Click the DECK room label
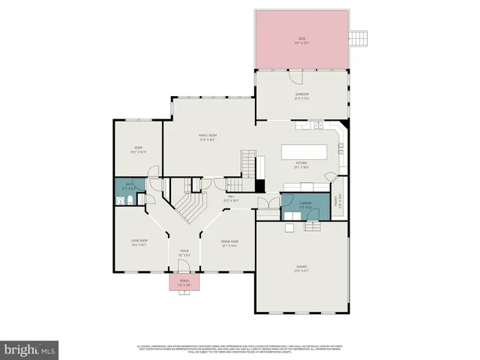[x=301, y=40]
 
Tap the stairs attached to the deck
[x=362, y=37]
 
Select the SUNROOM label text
[x=301, y=94]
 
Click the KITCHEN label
[x=301, y=164]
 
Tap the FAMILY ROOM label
[x=208, y=136]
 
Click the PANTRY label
[x=337, y=199]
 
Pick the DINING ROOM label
[x=229, y=243]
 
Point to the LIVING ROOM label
[x=139, y=242]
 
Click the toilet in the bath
[x=130, y=200]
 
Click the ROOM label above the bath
[x=138, y=148]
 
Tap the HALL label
[x=231, y=199]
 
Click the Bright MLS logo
[x=30, y=349]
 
